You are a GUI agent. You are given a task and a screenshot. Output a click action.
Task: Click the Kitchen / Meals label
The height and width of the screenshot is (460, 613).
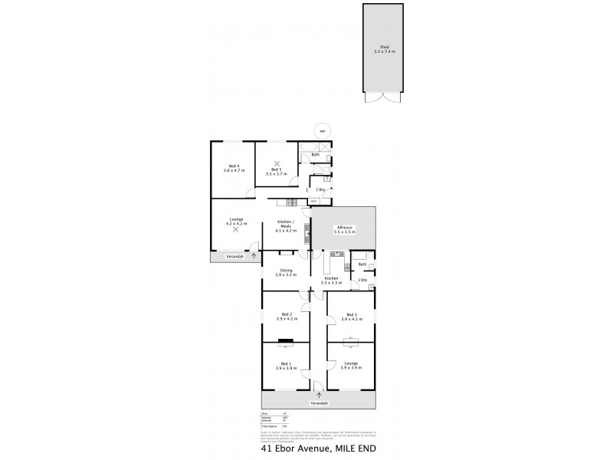[284, 224]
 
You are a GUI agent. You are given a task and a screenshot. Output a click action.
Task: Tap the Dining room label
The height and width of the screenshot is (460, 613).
[286, 270]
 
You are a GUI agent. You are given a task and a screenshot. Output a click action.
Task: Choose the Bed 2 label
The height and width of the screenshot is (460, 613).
[285, 314]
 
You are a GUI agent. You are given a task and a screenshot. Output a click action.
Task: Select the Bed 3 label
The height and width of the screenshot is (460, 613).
[351, 314]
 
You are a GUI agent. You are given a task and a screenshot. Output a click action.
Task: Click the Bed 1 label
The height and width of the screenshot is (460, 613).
[285, 363]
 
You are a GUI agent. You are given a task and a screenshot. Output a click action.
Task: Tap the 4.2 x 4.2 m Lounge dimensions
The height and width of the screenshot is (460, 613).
[235, 224]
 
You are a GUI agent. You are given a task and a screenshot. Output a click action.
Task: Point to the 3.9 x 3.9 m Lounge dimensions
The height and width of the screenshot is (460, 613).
[351, 368]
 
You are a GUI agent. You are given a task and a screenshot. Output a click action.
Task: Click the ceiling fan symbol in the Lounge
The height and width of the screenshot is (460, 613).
[235, 229]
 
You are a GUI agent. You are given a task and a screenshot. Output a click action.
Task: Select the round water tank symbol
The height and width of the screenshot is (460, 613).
[323, 130]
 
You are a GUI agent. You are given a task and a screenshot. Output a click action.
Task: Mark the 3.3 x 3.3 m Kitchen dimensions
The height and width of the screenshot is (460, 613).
[331, 283]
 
